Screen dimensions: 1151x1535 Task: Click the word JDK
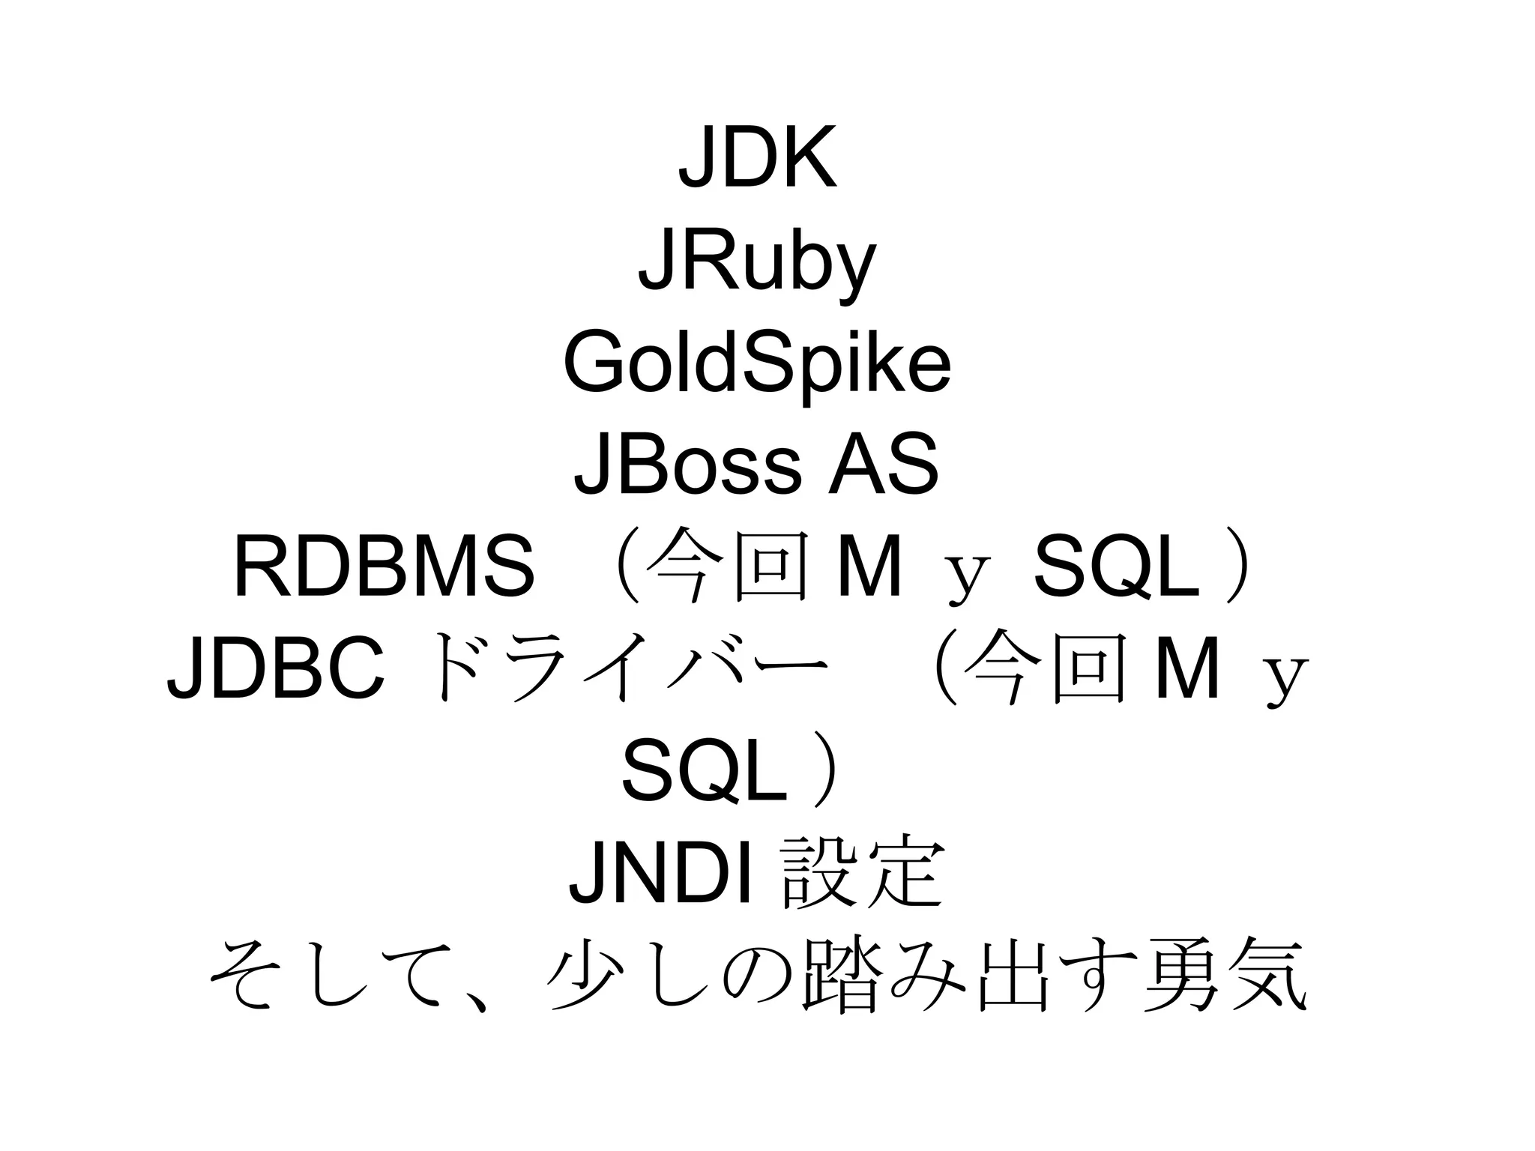[757, 158]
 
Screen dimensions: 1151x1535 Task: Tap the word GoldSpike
[757, 366]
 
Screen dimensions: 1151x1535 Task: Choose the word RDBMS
[384, 567]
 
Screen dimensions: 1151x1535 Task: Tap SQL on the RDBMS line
[1116, 567]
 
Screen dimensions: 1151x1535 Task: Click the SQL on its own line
[705, 771]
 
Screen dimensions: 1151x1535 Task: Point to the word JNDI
[660, 871]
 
